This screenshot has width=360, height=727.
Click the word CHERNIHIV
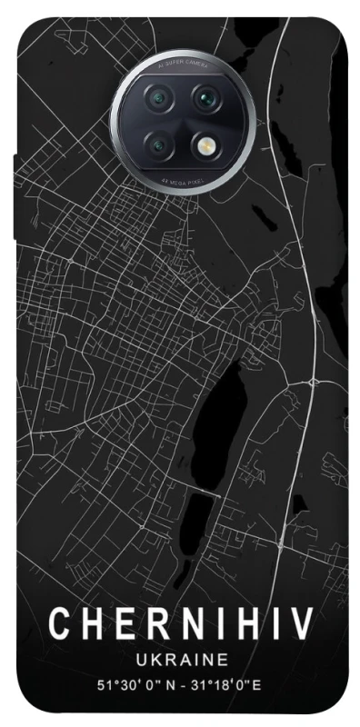coord(181,626)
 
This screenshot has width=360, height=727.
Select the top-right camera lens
coord(206,96)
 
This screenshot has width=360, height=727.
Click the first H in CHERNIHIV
coord(88,626)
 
